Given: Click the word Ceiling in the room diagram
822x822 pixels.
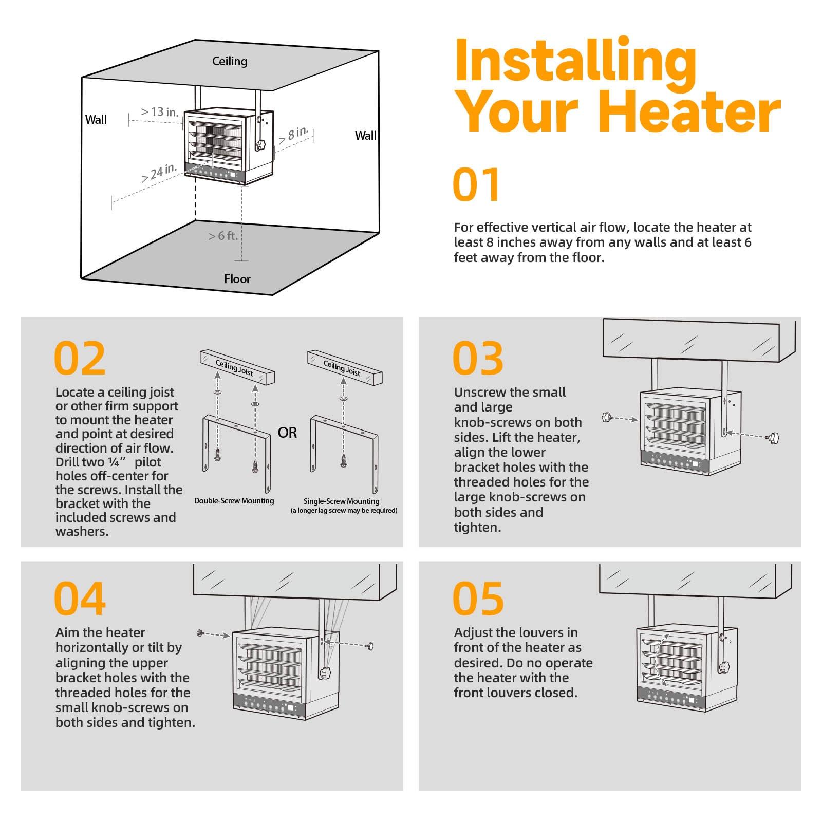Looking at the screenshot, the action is (x=230, y=62).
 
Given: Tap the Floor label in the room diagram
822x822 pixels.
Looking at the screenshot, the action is (x=237, y=279).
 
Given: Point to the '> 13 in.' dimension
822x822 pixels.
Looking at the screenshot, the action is (x=160, y=111).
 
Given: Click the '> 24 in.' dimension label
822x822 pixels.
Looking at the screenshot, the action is (x=159, y=173).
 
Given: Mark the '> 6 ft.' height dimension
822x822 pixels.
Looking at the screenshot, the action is (x=223, y=236).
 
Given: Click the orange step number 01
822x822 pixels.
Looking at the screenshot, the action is (x=476, y=184).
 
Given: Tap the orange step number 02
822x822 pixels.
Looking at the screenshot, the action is (x=80, y=358).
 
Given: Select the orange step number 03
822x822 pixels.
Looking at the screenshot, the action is (x=478, y=358).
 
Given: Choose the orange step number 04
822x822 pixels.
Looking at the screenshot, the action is (x=80, y=599).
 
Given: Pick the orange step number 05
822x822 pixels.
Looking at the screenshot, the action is (x=478, y=599).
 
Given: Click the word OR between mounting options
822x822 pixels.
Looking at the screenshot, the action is (x=287, y=433).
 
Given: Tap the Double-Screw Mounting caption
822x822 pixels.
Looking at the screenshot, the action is (x=234, y=501).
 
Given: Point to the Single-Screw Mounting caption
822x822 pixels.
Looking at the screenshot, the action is (x=341, y=501).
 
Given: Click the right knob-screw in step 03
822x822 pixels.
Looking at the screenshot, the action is (x=772, y=439).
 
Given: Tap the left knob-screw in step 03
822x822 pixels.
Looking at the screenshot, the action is (x=608, y=417).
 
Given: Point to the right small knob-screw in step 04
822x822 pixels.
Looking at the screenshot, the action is (x=369, y=646).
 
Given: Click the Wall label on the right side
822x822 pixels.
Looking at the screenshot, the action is (x=366, y=136).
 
